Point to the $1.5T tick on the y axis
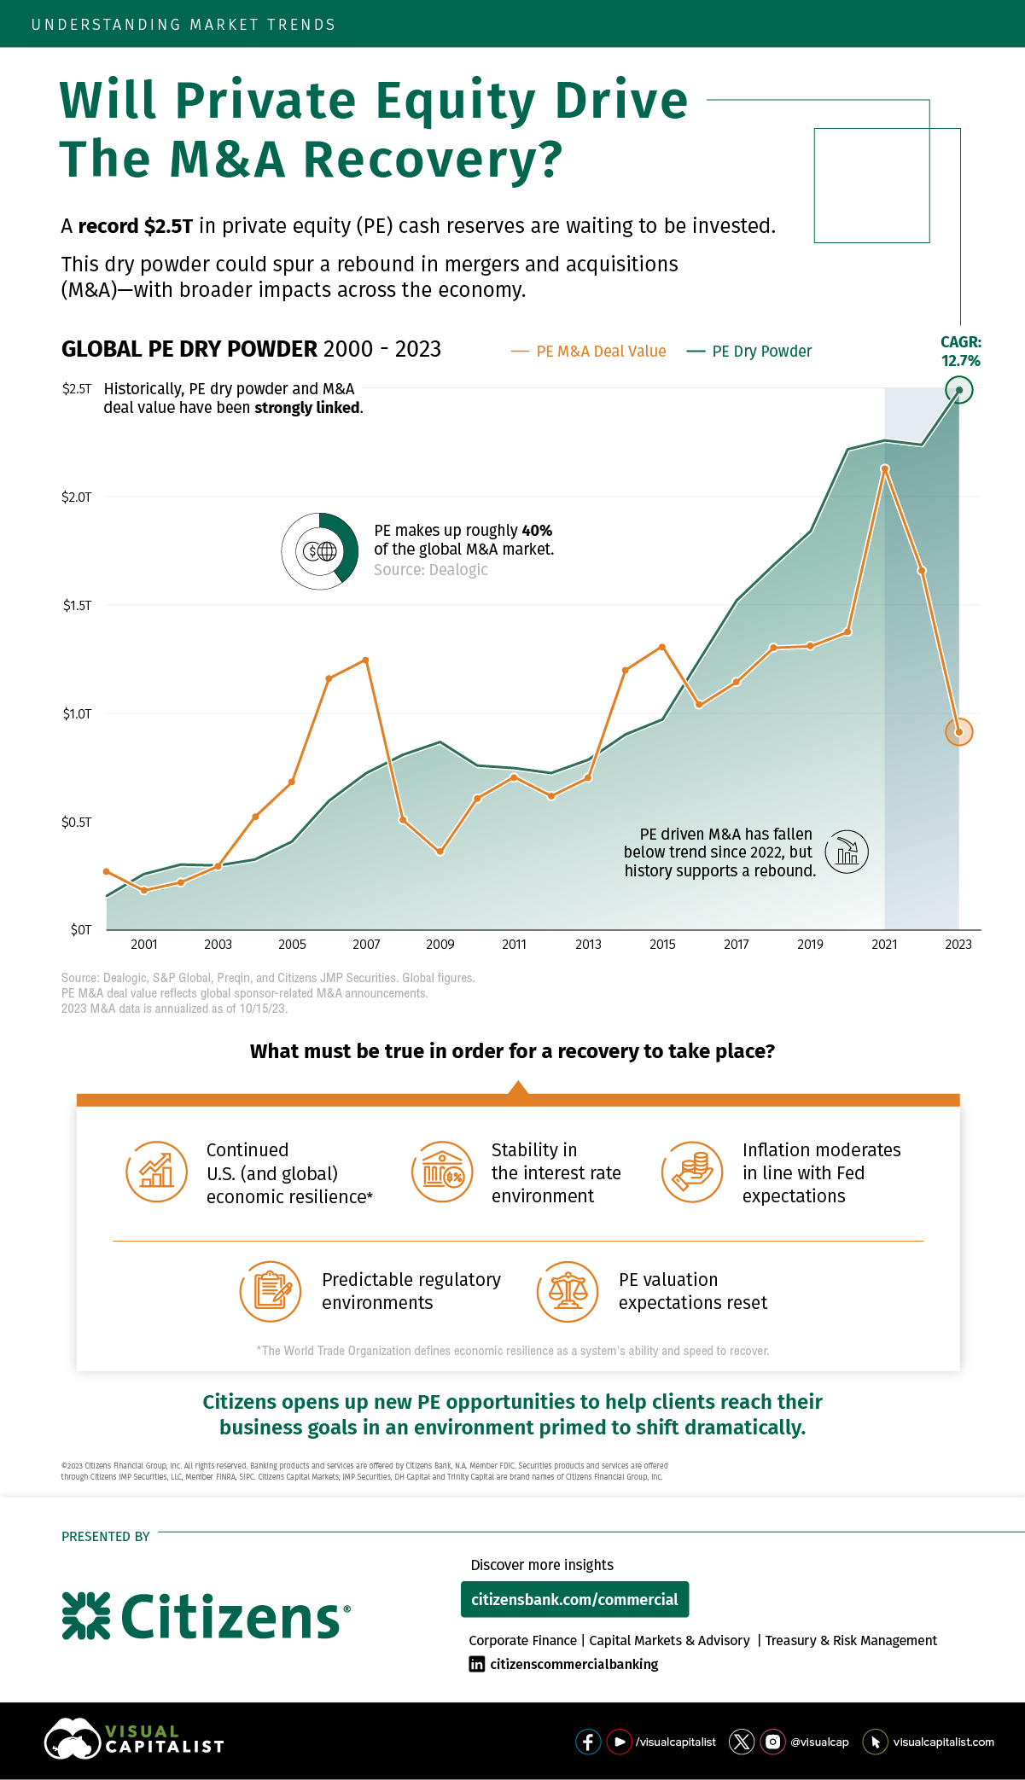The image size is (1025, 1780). (77, 605)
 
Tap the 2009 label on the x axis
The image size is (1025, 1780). (440, 944)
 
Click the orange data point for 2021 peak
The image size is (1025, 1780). (885, 468)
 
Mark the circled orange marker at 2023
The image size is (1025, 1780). (959, 732)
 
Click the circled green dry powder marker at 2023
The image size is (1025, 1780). (959, 390)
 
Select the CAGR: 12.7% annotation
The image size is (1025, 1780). (961, 352)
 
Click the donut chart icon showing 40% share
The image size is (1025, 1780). (320, 551)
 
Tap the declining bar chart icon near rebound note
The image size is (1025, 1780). (847, 852)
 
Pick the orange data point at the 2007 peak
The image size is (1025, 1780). (366, 660)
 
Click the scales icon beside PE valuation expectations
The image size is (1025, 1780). (568, 1291)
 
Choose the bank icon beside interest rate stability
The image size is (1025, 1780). (442, 1172)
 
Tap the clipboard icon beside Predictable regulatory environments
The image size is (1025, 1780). (271, 1291)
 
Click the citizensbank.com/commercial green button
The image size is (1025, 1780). (574, 1599)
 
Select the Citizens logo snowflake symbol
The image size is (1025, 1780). (86, 1615)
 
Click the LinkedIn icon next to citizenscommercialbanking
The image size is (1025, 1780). (477, 1664)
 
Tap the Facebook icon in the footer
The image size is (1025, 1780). (588, 1742)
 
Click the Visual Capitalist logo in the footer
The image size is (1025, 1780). (134, 1739)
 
